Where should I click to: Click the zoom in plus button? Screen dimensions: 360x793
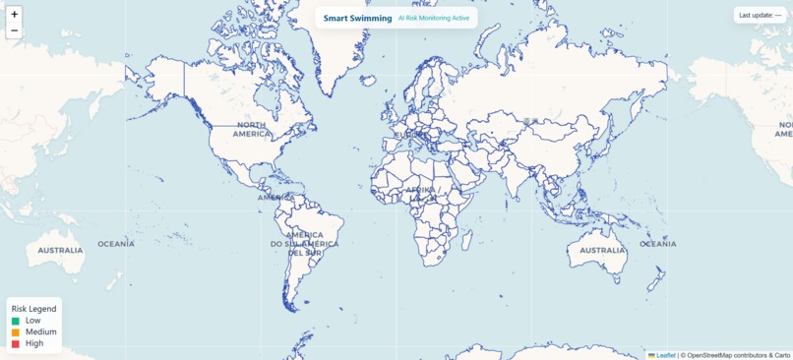14,15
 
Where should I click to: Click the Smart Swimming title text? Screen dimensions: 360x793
357,18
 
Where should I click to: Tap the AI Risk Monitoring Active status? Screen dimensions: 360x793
434,18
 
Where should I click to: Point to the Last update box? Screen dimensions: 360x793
761,16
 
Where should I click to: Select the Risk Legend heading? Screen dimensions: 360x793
34,309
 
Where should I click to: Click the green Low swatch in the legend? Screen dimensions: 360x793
16,321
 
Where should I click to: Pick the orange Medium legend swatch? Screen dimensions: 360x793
16,332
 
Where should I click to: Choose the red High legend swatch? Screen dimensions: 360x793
16,344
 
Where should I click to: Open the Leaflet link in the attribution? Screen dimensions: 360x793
666,355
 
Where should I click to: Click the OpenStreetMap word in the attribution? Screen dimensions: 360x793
715,355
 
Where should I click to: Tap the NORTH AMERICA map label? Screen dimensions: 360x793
251,129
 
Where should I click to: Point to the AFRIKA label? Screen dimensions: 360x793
421,189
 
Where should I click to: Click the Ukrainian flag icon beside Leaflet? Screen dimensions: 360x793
651,355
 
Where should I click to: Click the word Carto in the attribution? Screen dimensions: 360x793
781,355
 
